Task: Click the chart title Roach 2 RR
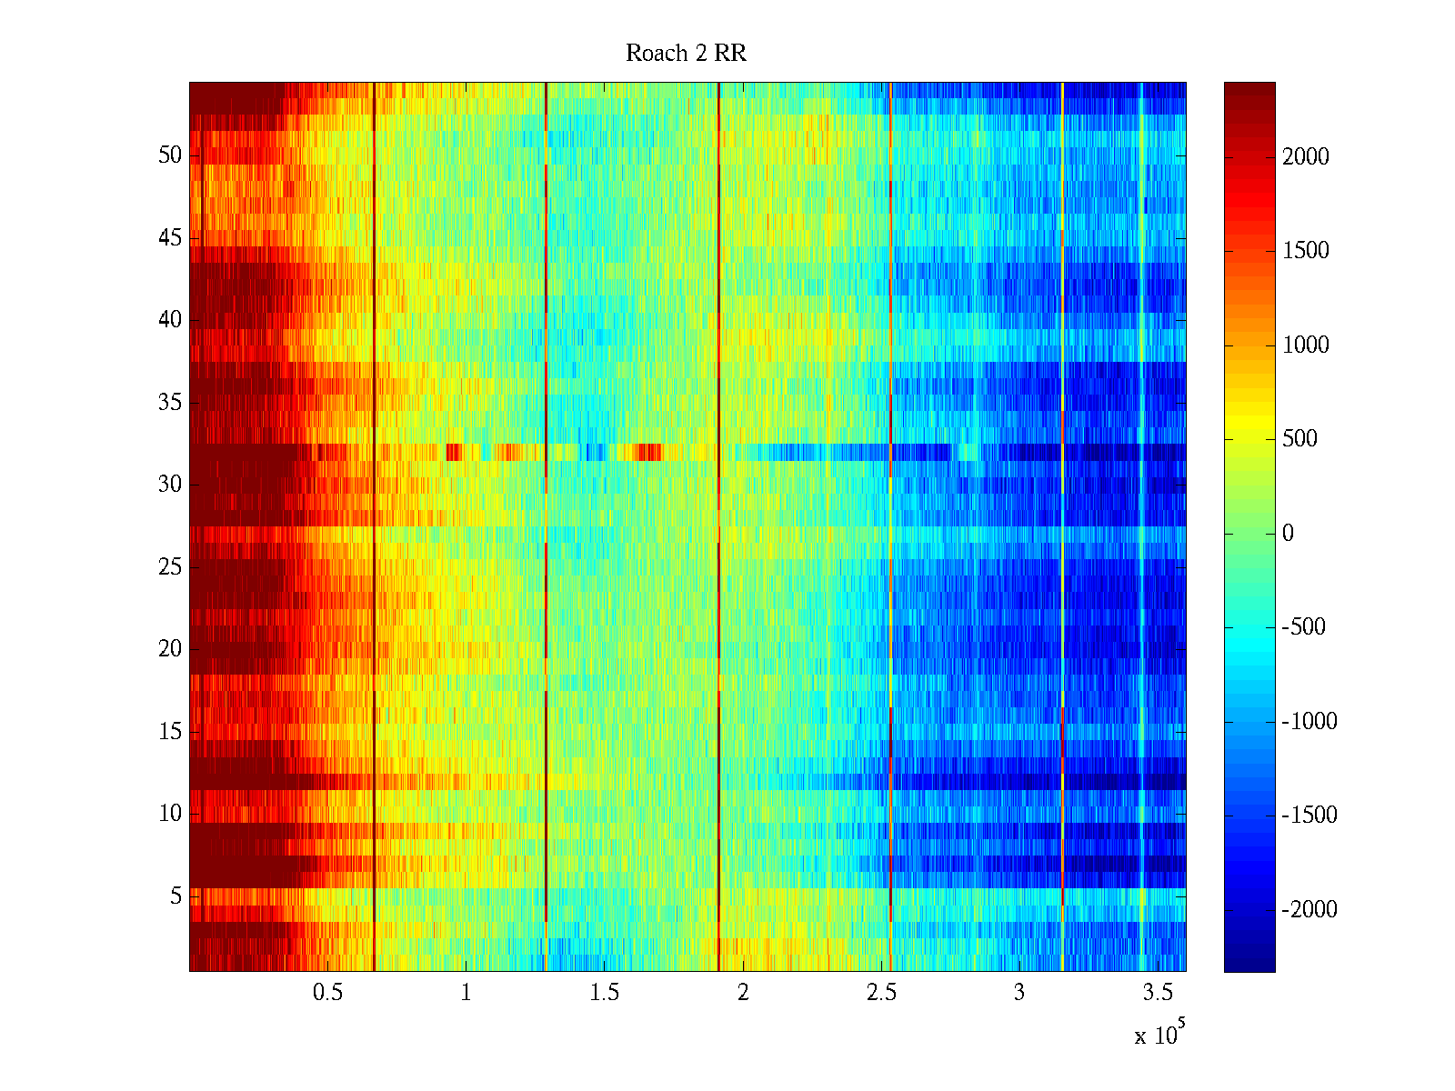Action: [686, 54]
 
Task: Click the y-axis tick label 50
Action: [170, 155]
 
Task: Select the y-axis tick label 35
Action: [170, 402]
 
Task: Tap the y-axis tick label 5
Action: [176, 896]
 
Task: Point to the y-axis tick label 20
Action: [170, 649]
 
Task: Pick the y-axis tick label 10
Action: [170, 814]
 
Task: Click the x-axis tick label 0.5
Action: [327, 993]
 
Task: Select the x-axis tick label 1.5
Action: [605, 993]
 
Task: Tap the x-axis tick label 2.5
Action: [881, 993]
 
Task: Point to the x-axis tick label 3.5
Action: [1158, 993]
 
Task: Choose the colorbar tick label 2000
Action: [1306, 157]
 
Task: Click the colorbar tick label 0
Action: [1288, 534]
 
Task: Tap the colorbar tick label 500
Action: [1299, 439]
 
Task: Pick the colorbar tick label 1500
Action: [1306, 251]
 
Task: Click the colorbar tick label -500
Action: [1304, 627]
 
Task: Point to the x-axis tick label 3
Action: [1019, 993]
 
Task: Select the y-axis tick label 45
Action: [170, 238]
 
